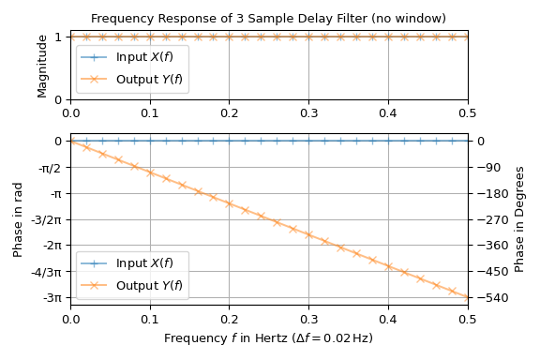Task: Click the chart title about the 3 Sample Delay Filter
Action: click(x=268, y=19)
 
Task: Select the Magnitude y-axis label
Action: click(x=42, y=66)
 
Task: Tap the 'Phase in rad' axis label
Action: click(x=18, y=219)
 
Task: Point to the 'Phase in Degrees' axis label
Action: click(x=520, y=219)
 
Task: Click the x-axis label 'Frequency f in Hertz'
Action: click(x=268, y=338)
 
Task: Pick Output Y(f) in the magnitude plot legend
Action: click(x=150, y=80)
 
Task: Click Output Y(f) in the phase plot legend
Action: click(x=150, y=285)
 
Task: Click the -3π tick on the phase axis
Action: click(x=52, y=298)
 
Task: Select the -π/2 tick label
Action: click(x=49, y=167)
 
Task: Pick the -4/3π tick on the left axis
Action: click(x=47, y=272)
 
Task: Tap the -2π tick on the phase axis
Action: click(x=52, y=246)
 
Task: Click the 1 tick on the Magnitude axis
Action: click(x=58, y=37)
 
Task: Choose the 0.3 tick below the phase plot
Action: click(x=308, y=321)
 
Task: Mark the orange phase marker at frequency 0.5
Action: click(x=468, y=297)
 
